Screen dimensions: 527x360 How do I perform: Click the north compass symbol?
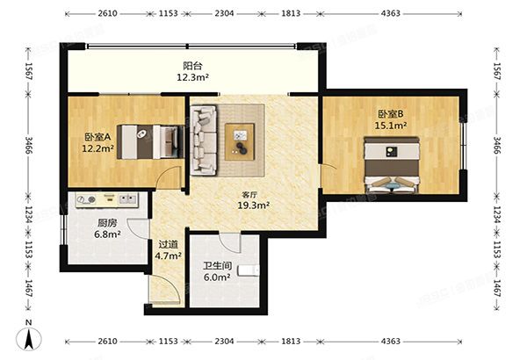[29, 337]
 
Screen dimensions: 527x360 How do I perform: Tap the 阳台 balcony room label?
[192, 66]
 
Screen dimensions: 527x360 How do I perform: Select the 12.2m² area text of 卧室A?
[97, 148]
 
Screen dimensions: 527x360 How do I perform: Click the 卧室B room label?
[391, 114]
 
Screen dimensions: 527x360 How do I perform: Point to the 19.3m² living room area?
[254, 205]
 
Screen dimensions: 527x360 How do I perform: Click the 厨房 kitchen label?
[107, 223]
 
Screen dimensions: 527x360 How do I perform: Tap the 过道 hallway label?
[168, 244]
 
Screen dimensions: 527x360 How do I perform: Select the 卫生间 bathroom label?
[218, 266]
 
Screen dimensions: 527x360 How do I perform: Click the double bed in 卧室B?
[392, 165]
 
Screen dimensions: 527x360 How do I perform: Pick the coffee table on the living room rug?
[240, 141]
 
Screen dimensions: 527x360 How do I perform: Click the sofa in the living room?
[204, 140]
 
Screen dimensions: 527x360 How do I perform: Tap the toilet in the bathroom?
[249, 270]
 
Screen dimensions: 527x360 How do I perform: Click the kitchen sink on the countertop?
[128, 199]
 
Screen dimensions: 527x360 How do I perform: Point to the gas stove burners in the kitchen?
[87, 199]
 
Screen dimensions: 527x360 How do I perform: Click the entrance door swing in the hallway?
[165, 290]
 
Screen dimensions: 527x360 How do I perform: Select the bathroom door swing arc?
[230, 242]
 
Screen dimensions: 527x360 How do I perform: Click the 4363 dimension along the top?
[391, 13]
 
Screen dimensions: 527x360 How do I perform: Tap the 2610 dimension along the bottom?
[107, 342]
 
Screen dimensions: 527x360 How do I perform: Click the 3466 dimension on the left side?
[28, 145]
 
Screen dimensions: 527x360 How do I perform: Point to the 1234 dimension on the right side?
[497, 214]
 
